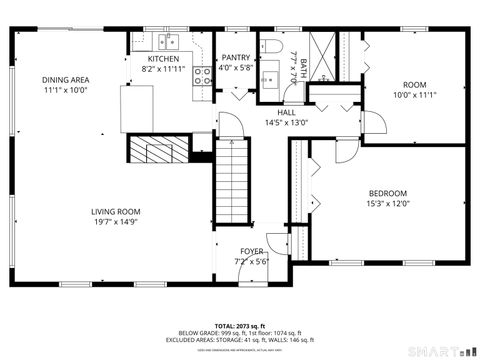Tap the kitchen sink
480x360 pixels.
[x=167, y=42]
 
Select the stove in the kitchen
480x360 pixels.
[x=202, y=75]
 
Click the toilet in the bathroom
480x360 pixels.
[x=271, y=48]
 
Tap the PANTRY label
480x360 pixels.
[x=236, y=58]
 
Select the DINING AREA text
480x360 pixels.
[x=65, y=79]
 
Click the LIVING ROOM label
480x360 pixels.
[x=115, y=212]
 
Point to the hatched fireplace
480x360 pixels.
[x=156, y=151]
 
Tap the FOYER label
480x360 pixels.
[x=252, y=252]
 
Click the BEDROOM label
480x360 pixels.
[x=387, y=193]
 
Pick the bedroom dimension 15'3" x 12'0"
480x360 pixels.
[x=387, y=204]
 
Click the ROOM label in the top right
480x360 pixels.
[x=414, y=85]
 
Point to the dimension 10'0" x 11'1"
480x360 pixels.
[x=414, y=96]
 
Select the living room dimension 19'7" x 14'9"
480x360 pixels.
[x=115, y=223]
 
